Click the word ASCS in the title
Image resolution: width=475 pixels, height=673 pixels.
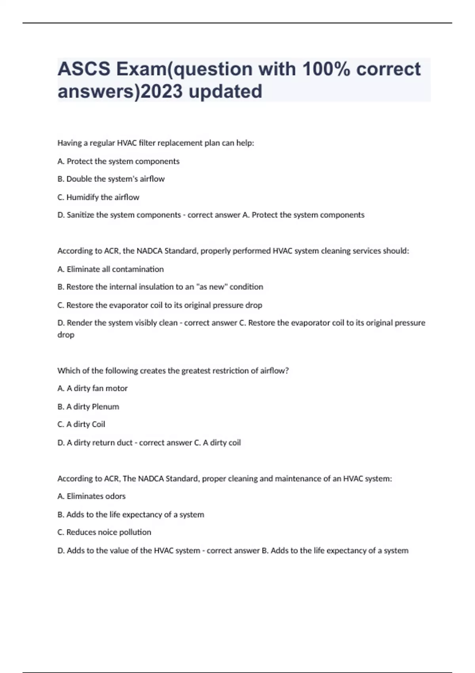pos(84,69)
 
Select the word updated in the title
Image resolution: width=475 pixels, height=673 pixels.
pos(225,91)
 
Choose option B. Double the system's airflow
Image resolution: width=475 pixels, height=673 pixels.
pos(111,179)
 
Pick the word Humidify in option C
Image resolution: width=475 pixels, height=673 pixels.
pos(82,197)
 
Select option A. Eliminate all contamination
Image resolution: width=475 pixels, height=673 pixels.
pos(110,269)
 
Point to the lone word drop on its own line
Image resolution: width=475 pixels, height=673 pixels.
pos(66,335)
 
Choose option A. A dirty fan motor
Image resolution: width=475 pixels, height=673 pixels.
pos(92,388)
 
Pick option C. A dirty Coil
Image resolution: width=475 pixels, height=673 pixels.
pos(81,424)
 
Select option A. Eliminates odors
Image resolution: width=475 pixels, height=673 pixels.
pos(91,496)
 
